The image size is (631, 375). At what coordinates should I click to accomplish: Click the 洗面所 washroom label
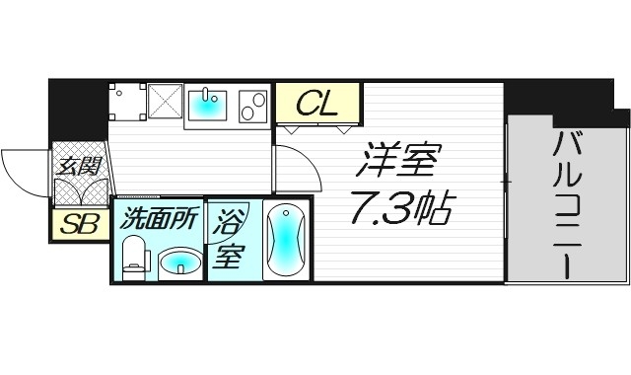tap(158, 219)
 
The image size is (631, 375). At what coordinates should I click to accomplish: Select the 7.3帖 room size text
tap(401, 206)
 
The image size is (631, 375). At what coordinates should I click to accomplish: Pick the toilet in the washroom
tap(134, 259)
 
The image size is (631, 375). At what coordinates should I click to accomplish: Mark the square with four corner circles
tap(126, 101)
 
